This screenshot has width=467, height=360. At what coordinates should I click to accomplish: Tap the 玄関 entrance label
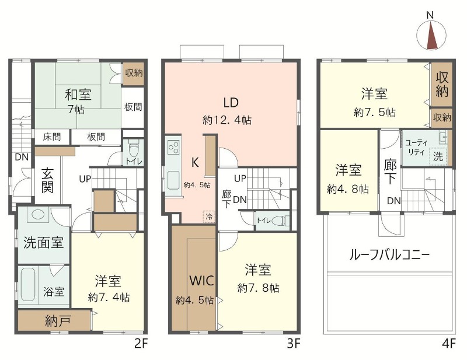pyautogui.click(x=48, y=181)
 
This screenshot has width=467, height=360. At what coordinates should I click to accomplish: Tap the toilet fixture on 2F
pyautogui.click(x=133, y=149)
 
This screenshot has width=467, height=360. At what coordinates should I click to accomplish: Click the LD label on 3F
pyautogui.click(x=231, y=103)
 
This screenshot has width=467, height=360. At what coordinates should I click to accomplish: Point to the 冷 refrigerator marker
pyautogui.click(x=208, y=216)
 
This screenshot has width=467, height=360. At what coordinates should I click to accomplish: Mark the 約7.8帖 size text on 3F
pyautogui.click(x=258, y=288)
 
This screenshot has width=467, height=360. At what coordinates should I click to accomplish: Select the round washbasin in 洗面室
pyautogui.click(x=36, y=215)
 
